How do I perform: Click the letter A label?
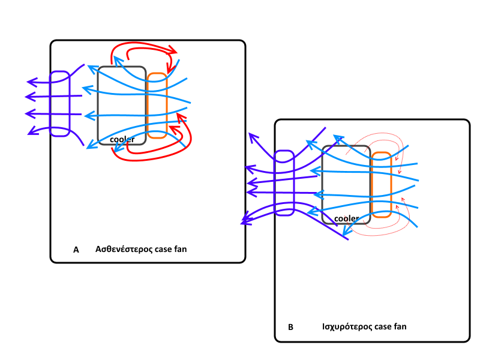(x=76, y=250)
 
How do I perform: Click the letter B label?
(x=290, y=328)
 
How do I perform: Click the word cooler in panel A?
(x=122, y=139)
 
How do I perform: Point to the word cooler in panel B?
(x=346, y=218)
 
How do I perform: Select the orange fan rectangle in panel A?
(x=157, y=106)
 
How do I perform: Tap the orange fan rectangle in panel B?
(x=382, y=184)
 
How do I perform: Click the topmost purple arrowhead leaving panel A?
(x=30, y=82)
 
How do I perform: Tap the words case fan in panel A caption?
(x=170, y=249)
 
